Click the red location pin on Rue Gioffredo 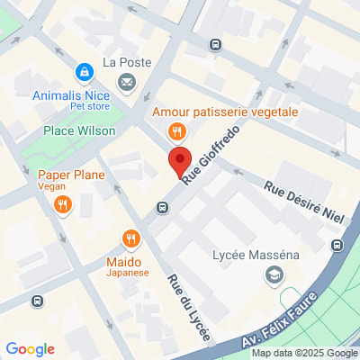(180, 163)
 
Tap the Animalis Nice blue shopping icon (83, 70)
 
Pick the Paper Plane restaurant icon (62, 205)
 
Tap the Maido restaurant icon (131, 238)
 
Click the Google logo (30, 348)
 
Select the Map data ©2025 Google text (304, 353)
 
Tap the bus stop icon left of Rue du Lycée (162, 208)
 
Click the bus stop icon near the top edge (215, 44)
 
